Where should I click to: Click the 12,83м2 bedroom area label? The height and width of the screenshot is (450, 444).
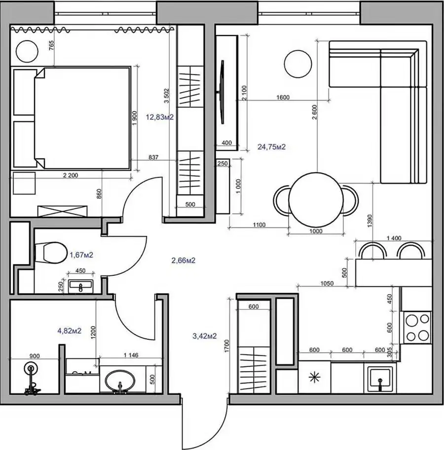pyautogui.click(x=160, y=117)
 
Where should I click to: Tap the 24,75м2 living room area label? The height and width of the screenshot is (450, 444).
pyautogui.click(x=271, y=147)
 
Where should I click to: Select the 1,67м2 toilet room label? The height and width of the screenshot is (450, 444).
pyautogui.click(x=81, y=255)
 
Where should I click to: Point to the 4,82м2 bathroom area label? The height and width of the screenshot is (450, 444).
pyautogui.click(x=70, y=331)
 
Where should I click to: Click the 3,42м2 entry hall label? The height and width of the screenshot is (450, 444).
pyautogui.click(x=205, y=336)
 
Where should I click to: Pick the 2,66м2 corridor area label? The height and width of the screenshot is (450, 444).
pyautogui.click(x=184, y=261)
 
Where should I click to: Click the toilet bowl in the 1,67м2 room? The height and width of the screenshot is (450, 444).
pyautogui.click(x=50, y=253)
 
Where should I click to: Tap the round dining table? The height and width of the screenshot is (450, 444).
pyautogui.click(x=316, y=200)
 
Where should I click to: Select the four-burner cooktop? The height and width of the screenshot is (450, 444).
pyautogui.click(x=417, y=328)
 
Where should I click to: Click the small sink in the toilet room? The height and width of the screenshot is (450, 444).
pyautogui.click(x=80, y=286)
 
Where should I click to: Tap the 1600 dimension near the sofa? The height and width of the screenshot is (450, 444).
pyautogui.click(x=283, y=97)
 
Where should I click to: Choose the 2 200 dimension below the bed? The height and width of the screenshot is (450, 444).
pyautogui.click(x=71, y=175)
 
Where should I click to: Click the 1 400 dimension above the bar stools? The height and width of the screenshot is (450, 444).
pyautogui.click(x=394, y=238)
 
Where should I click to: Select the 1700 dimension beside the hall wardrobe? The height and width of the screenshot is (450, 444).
pyautogui.click(x=227, y=346)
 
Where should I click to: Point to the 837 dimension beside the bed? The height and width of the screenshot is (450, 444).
pyautogui.click(x=153, y=157)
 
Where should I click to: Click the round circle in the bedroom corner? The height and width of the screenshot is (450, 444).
pyautogui.click(x=27, y=51)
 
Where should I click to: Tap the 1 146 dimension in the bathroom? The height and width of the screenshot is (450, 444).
pyautogui.click(x=131, y=355)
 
